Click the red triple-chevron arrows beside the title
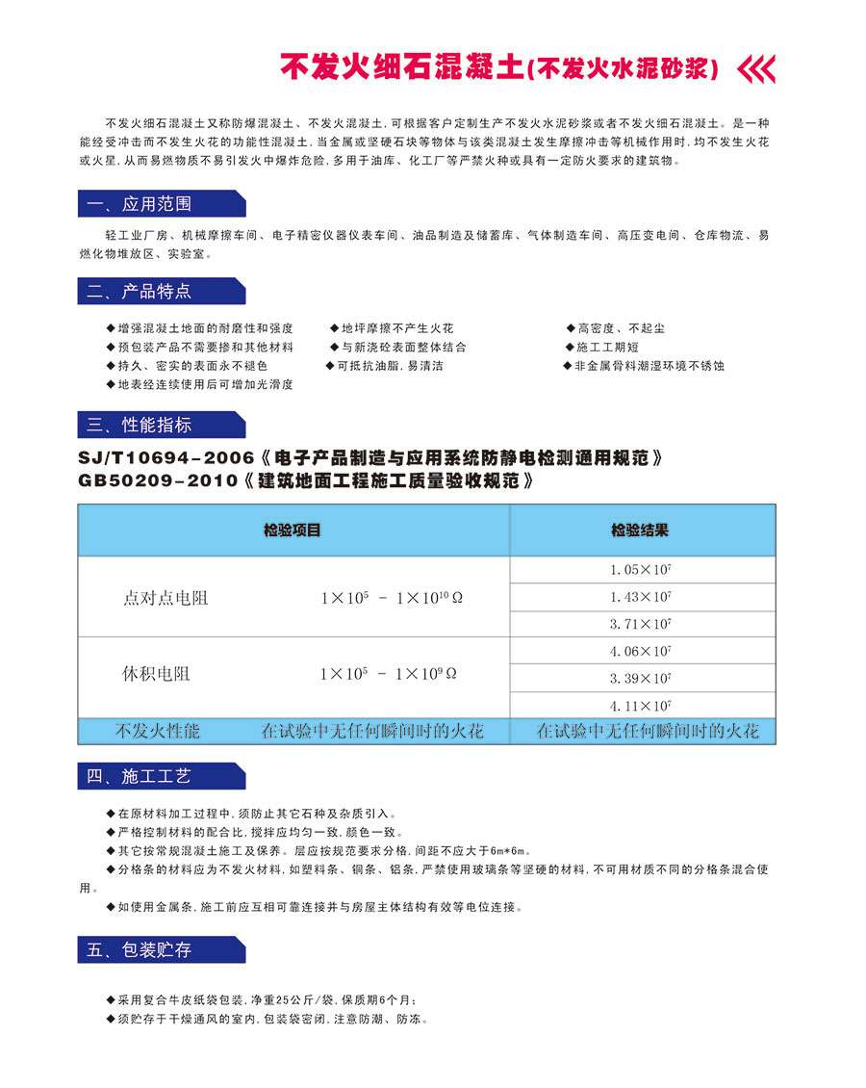pos(755,69)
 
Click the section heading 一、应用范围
pos(140,204)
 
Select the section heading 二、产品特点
pos(140,292)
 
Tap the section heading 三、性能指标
pos(140,425)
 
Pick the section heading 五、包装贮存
pos(140,950)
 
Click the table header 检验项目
pos(293,531)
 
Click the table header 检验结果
pos(640,531)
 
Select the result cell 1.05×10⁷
pos(641,570)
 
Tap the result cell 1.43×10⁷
pos(641,597)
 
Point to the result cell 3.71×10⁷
pos(641,624)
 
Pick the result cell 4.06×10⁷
pos(641,651)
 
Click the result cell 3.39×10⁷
pos(641,678)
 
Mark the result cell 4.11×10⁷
pos(641,705)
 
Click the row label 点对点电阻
pos(166,598)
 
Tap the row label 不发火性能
pos(158,731)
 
